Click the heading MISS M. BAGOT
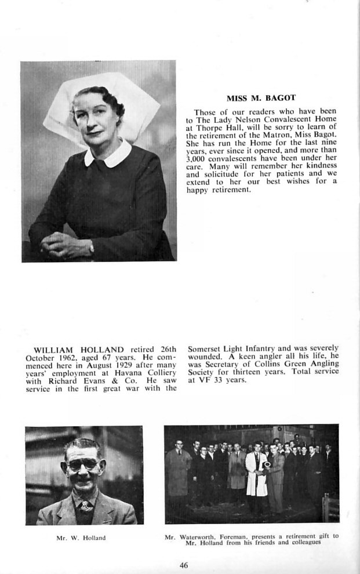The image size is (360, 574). pos(261,98)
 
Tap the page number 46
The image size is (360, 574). pos(183,565)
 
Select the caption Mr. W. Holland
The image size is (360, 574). pos(81,538)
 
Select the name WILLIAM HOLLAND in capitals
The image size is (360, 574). pos(79,350)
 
